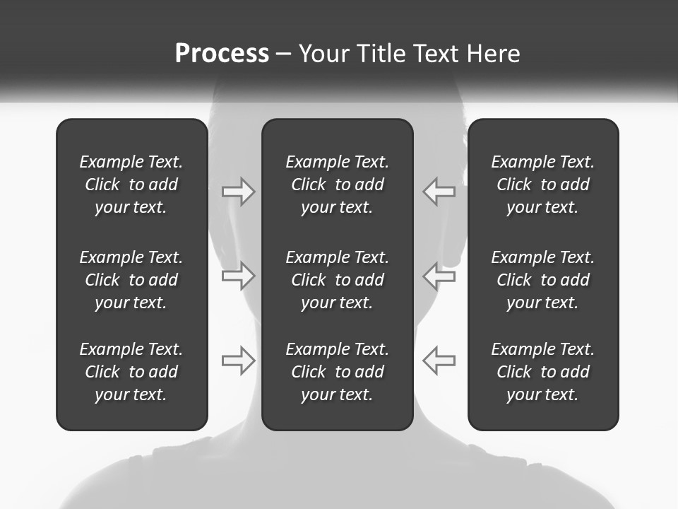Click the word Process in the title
point(222,54)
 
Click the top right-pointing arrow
point(239,191)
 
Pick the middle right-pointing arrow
point(239,276)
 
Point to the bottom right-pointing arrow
point(239,361)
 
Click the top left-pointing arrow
point(439,191)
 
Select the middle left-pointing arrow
point(439,276)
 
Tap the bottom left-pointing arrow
point(439,361)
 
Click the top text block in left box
point(131,185)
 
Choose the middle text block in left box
point(131,280)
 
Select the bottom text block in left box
point(131,372)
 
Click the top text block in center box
point(337,185)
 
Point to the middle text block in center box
point(337,280)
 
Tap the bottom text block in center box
point(337,372)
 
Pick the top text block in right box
point(542,185)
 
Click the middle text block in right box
point(542,280)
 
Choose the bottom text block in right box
point(542,372)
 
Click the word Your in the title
point(323,54)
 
